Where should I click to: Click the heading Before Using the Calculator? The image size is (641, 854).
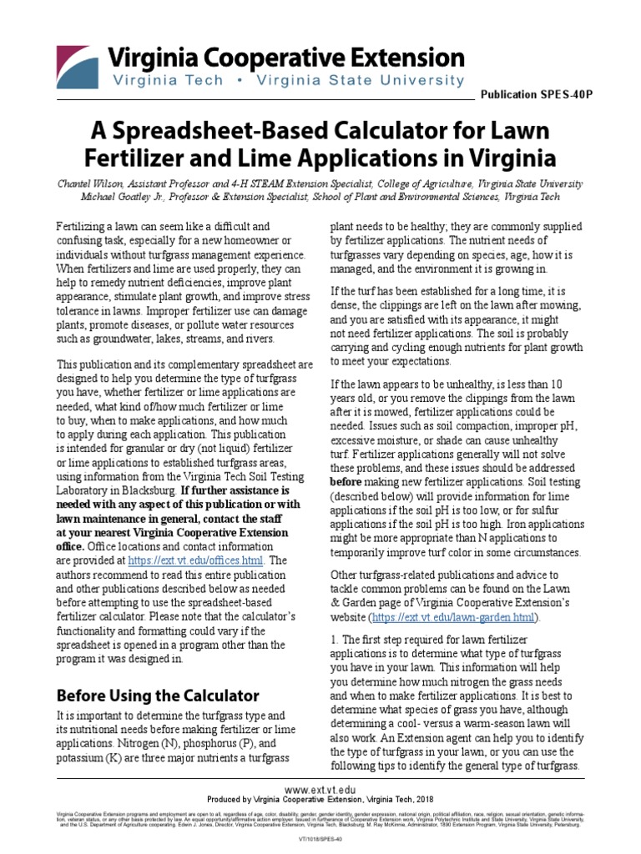157,695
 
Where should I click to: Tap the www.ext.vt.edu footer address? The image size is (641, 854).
320,788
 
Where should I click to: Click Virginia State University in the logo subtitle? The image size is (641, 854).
378,81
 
